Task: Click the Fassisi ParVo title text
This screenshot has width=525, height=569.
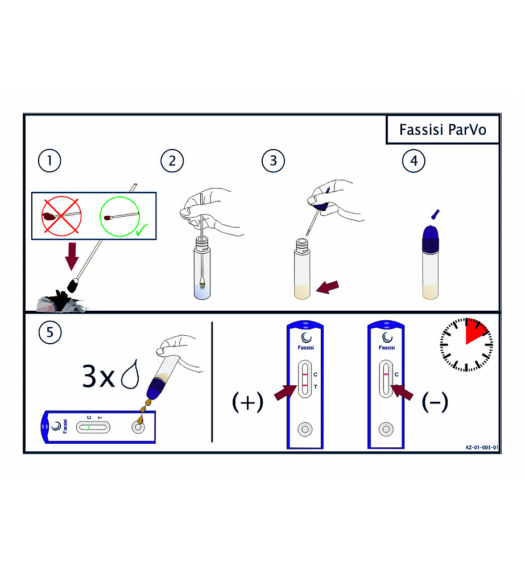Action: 443,130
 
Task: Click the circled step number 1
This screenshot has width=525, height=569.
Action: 49,161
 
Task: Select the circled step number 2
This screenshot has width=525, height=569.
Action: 172,161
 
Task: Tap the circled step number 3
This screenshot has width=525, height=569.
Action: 273,161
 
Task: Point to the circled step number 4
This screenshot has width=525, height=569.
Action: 414,161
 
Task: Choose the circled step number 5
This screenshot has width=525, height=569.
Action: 50,332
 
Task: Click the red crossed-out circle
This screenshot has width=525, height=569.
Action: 61,216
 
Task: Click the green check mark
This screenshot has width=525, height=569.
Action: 142,230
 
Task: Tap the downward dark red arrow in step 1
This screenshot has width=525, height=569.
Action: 72,257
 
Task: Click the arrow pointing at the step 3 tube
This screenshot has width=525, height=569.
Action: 328,287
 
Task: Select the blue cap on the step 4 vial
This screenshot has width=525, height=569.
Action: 431,239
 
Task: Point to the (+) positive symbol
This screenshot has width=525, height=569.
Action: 248,402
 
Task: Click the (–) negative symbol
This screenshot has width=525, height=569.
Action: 435,402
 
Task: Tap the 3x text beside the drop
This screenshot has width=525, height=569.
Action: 99,376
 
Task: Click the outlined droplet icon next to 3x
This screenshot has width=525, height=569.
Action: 130,374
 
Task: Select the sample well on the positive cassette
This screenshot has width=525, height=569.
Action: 305,429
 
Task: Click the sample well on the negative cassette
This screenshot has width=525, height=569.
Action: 386,429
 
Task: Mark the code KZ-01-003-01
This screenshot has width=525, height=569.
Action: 482,447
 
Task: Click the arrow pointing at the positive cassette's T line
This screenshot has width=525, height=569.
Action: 286,392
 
